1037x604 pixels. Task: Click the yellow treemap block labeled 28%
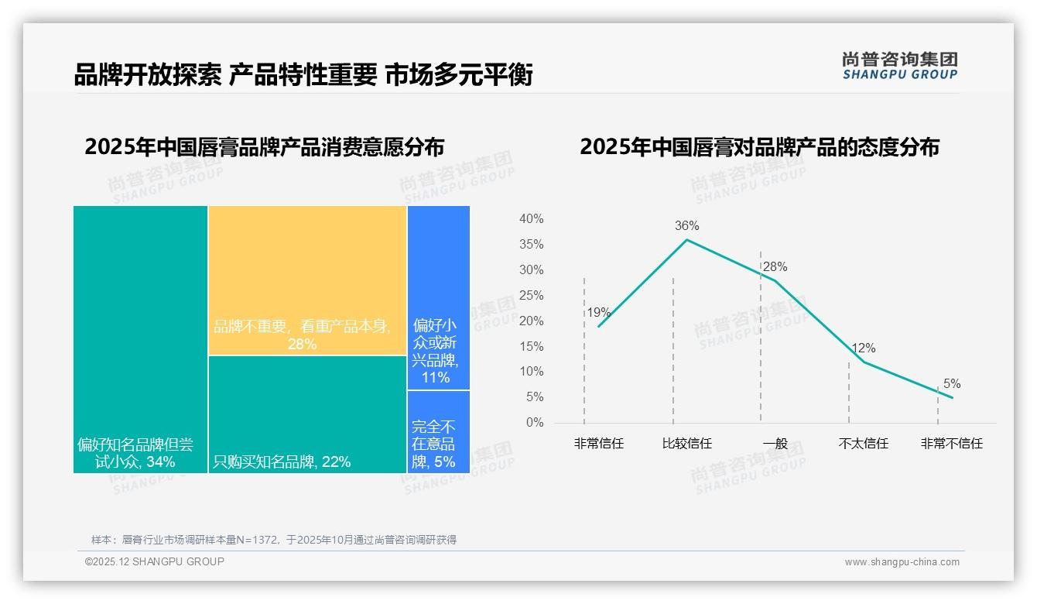[307, 280]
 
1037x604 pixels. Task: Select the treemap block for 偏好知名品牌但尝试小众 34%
[140, 338]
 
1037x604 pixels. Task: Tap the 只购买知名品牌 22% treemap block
[307, 414]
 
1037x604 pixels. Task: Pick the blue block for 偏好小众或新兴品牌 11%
[438, 297]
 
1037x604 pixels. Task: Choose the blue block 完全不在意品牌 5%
[438, 431]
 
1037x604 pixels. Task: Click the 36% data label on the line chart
[686, 226]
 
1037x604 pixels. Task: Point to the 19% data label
[598, 313]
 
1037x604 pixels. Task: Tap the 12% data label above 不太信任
[863, 348]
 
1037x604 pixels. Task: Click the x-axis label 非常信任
[598, 444]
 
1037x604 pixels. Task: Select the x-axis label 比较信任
[686, 444]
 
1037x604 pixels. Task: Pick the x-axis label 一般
[775, 444]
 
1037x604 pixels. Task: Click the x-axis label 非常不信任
[951, 444]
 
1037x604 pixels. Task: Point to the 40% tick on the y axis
[531, 219]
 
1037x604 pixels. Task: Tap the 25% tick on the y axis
[531, 296]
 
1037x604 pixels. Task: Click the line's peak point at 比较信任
[686, 239]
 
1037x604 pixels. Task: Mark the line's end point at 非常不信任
[952, 397]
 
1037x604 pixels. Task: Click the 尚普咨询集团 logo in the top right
[899, 66]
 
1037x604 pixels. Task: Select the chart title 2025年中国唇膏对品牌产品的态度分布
[759, 147]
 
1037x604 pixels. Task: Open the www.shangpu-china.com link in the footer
[902, 562]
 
